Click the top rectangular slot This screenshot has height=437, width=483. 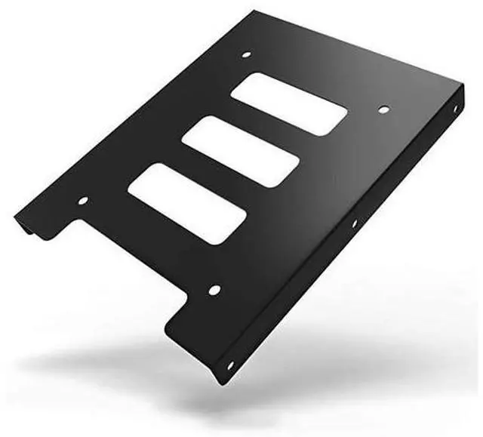pyautogui.click(x=289, y=104)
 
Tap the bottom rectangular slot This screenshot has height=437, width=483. pyautogui.click(x=187, y=203)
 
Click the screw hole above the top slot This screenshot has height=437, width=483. pyautogui.click(x=245, y=54)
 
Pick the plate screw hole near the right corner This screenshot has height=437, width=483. pyautogui.click(x=383, y=110)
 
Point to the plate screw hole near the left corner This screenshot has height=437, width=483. pyautogui.click(x=83, y=201)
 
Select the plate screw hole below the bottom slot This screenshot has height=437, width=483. pyautogui.click(x=214, y=290)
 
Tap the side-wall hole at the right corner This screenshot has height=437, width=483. pyautogui.click(x=455, y=110)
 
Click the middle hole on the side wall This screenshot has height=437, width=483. pyautogui.click(x=353, y=223)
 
